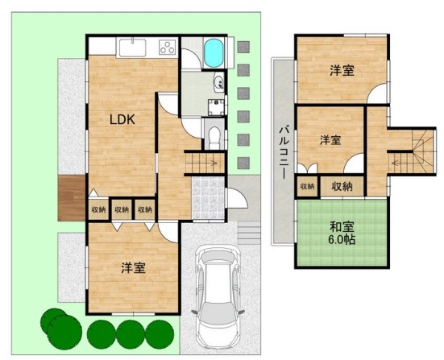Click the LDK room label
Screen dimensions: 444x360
[x=122, y=120]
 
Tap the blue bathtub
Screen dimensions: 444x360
[x=214, y=53]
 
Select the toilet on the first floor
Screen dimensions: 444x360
[x=214, y=137]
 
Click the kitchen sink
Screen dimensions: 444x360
[x=132, y=48]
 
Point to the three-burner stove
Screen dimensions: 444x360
[x=167, y=48]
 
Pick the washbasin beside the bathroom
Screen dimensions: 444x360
[x=219, y=82]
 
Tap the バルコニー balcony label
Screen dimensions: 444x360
[x=284, y=153]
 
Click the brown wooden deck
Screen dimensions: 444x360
[x=72, y=198]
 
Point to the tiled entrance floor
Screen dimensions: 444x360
[x=209, y=198]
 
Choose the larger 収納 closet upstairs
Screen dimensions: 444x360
[x=342, y=186]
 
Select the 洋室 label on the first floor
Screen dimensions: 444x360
[x=134, y=268]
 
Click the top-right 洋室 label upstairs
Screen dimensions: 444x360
[x=342, y=71]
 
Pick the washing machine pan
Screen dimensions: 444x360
[x=216, y=107]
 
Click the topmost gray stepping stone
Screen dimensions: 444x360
[x=243, y=47]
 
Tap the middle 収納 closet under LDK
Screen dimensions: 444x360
[x=122, y=209]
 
